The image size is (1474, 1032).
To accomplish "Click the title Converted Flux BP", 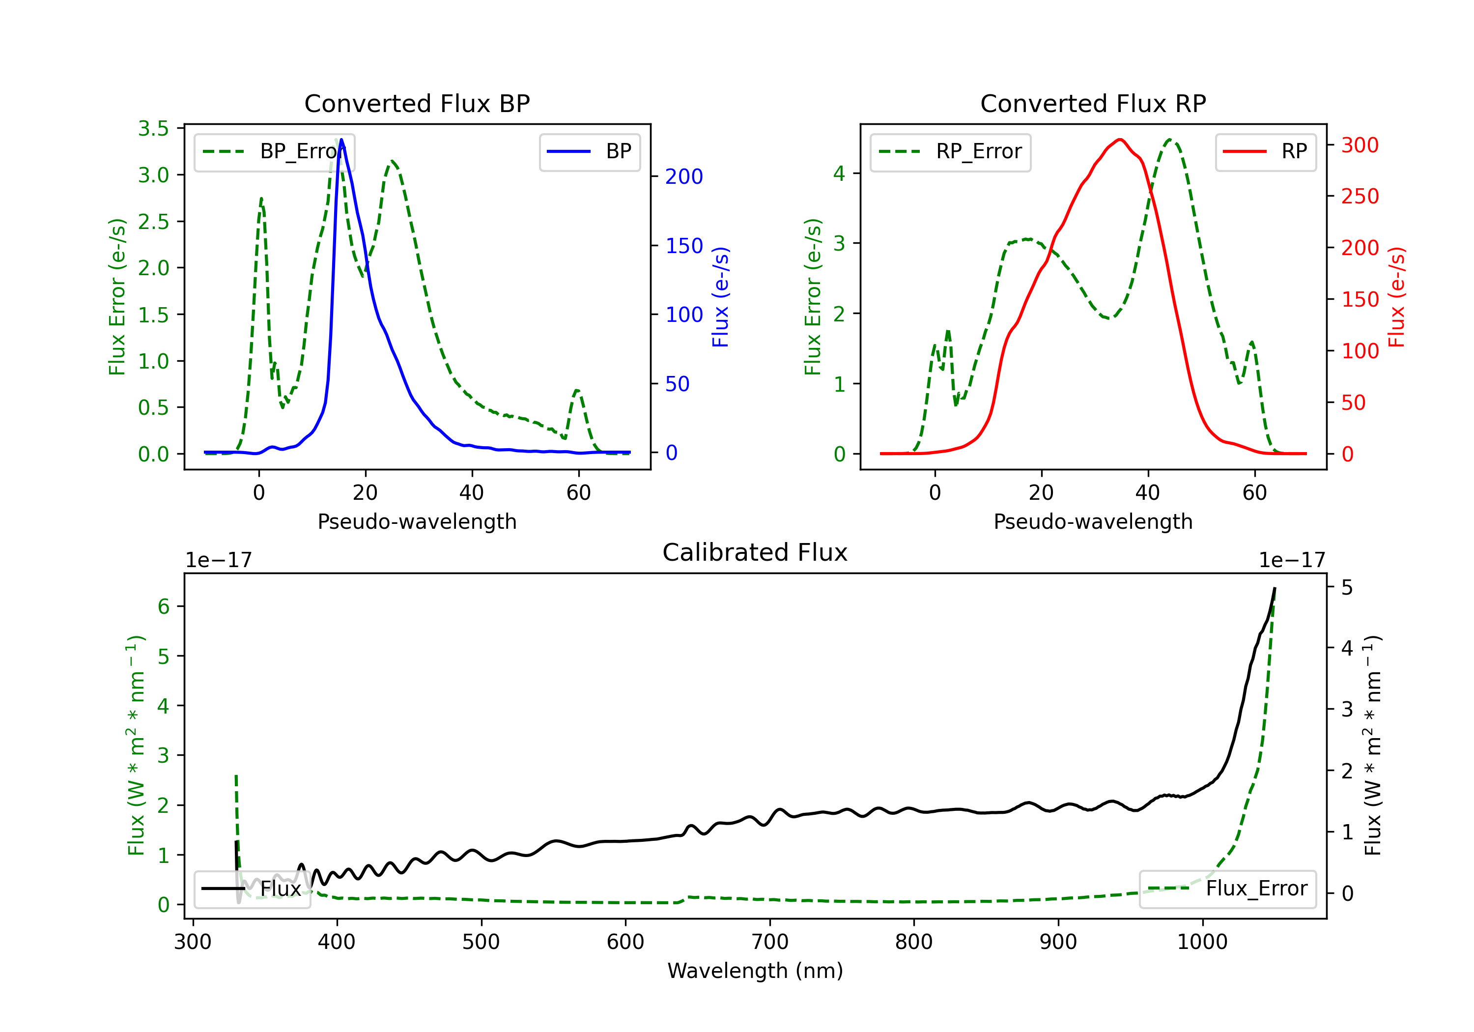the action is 417,103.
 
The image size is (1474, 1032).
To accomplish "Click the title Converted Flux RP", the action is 1093,103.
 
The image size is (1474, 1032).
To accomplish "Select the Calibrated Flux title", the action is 755,552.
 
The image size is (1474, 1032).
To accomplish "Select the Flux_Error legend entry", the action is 1227,889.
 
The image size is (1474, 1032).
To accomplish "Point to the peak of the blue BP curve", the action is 341,140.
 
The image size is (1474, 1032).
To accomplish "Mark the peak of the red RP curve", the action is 1120,140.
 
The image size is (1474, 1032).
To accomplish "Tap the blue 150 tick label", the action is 684,245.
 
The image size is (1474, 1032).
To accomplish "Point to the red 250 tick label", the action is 1360,196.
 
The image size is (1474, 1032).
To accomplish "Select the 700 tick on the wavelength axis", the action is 770,942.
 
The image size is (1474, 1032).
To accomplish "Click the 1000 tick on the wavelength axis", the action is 1202,942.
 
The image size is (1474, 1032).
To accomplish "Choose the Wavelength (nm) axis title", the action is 755,971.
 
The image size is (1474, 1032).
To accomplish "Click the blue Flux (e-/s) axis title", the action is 720,297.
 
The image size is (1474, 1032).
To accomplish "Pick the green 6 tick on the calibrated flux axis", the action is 164,606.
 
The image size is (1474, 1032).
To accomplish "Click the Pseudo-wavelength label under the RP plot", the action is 1093,521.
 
